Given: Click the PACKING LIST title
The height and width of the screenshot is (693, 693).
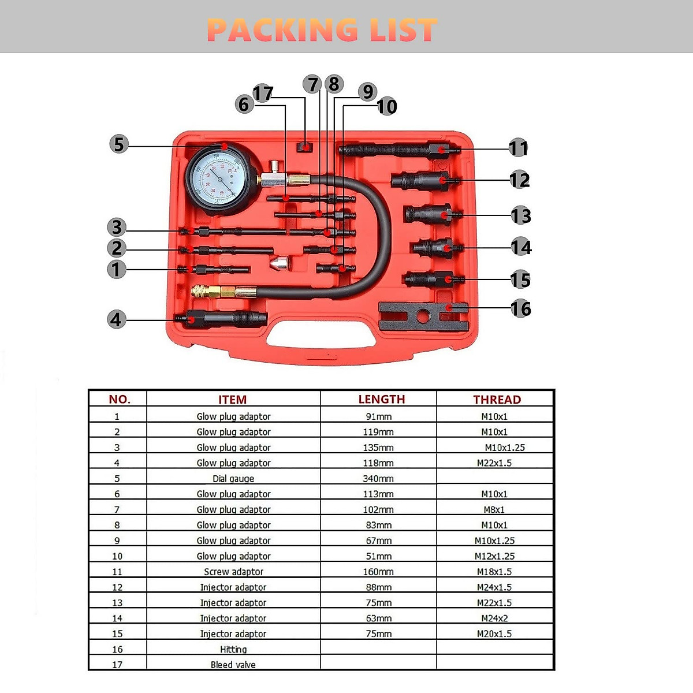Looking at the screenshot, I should [322, 30].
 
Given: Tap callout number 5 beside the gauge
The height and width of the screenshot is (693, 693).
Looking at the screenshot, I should [118, 144].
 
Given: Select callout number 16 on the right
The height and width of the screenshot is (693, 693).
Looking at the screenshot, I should [520, 308].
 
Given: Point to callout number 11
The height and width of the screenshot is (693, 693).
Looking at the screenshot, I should [518, 148].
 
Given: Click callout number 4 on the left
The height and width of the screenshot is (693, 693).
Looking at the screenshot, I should [116, 319].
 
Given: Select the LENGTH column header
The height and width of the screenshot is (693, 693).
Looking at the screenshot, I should [381, 399].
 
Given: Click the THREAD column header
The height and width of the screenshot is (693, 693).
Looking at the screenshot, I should [497, 400].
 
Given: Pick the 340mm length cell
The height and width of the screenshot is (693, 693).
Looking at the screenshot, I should [378, 479].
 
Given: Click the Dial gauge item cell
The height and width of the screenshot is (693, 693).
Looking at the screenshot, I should [233, 479].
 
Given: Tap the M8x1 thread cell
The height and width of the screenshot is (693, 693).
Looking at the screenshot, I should [494, 509].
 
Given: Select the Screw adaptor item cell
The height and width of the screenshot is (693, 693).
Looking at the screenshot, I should [233, 572].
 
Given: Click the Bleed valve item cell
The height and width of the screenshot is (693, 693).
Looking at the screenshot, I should [233, 665].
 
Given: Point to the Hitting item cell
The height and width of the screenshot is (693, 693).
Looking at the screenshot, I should [233, 649].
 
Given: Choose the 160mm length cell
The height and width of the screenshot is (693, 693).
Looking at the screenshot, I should [378, 572].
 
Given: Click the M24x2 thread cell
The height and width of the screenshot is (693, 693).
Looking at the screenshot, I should [494, 618].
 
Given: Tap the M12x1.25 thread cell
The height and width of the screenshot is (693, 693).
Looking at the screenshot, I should [494, 556].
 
